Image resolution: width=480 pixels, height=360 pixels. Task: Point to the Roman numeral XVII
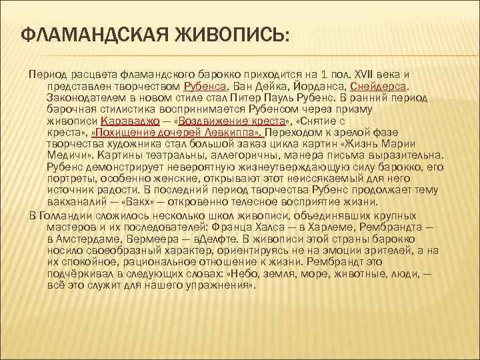364,74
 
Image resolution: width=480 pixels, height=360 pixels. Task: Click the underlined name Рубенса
207,86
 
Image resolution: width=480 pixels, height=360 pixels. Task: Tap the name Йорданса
315,86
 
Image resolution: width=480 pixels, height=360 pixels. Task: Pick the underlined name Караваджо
130,122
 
